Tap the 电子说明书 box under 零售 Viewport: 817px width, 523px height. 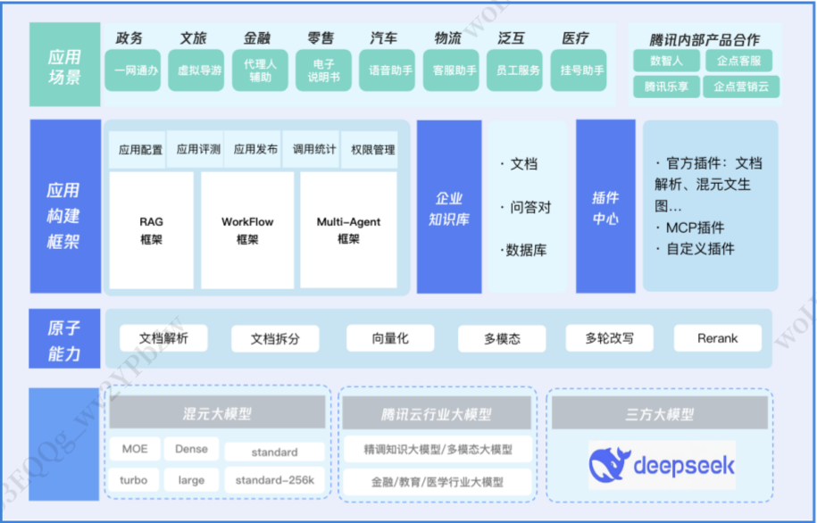pyautogui.click(x=324, y=71)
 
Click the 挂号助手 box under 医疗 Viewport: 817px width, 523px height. pyautogui.click(x=582, y=70)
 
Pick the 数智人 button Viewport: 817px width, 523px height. pyautogui.click(x=666, y=61)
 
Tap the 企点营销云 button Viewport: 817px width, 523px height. pyautogui.click(x=740, y=87)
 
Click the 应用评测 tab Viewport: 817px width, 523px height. pyautogui.click(x=198, y=150)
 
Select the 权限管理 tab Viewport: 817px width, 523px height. pyautogui.click(x=372, y=150)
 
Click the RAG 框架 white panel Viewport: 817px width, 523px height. pyautogui.click(x=151, y=230)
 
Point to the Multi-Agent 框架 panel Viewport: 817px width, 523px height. pyautogui.click(x=348, y=230)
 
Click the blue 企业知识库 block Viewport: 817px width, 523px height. pyautogui.click(x=449, y=207)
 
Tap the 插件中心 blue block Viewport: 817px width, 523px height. pyautogui.click(x=605, y=207)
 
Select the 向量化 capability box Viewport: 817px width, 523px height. pyautogui.click(x=390, y=338)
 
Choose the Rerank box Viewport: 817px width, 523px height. pyautogui.click(x=718, y=338)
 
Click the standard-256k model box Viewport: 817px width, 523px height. pyautogui.click(x=274, y=480)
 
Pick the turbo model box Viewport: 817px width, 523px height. pyautogui.click(x=134, y=480)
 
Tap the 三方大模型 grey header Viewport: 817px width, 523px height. pyautogui.click(x=659, y=414)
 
